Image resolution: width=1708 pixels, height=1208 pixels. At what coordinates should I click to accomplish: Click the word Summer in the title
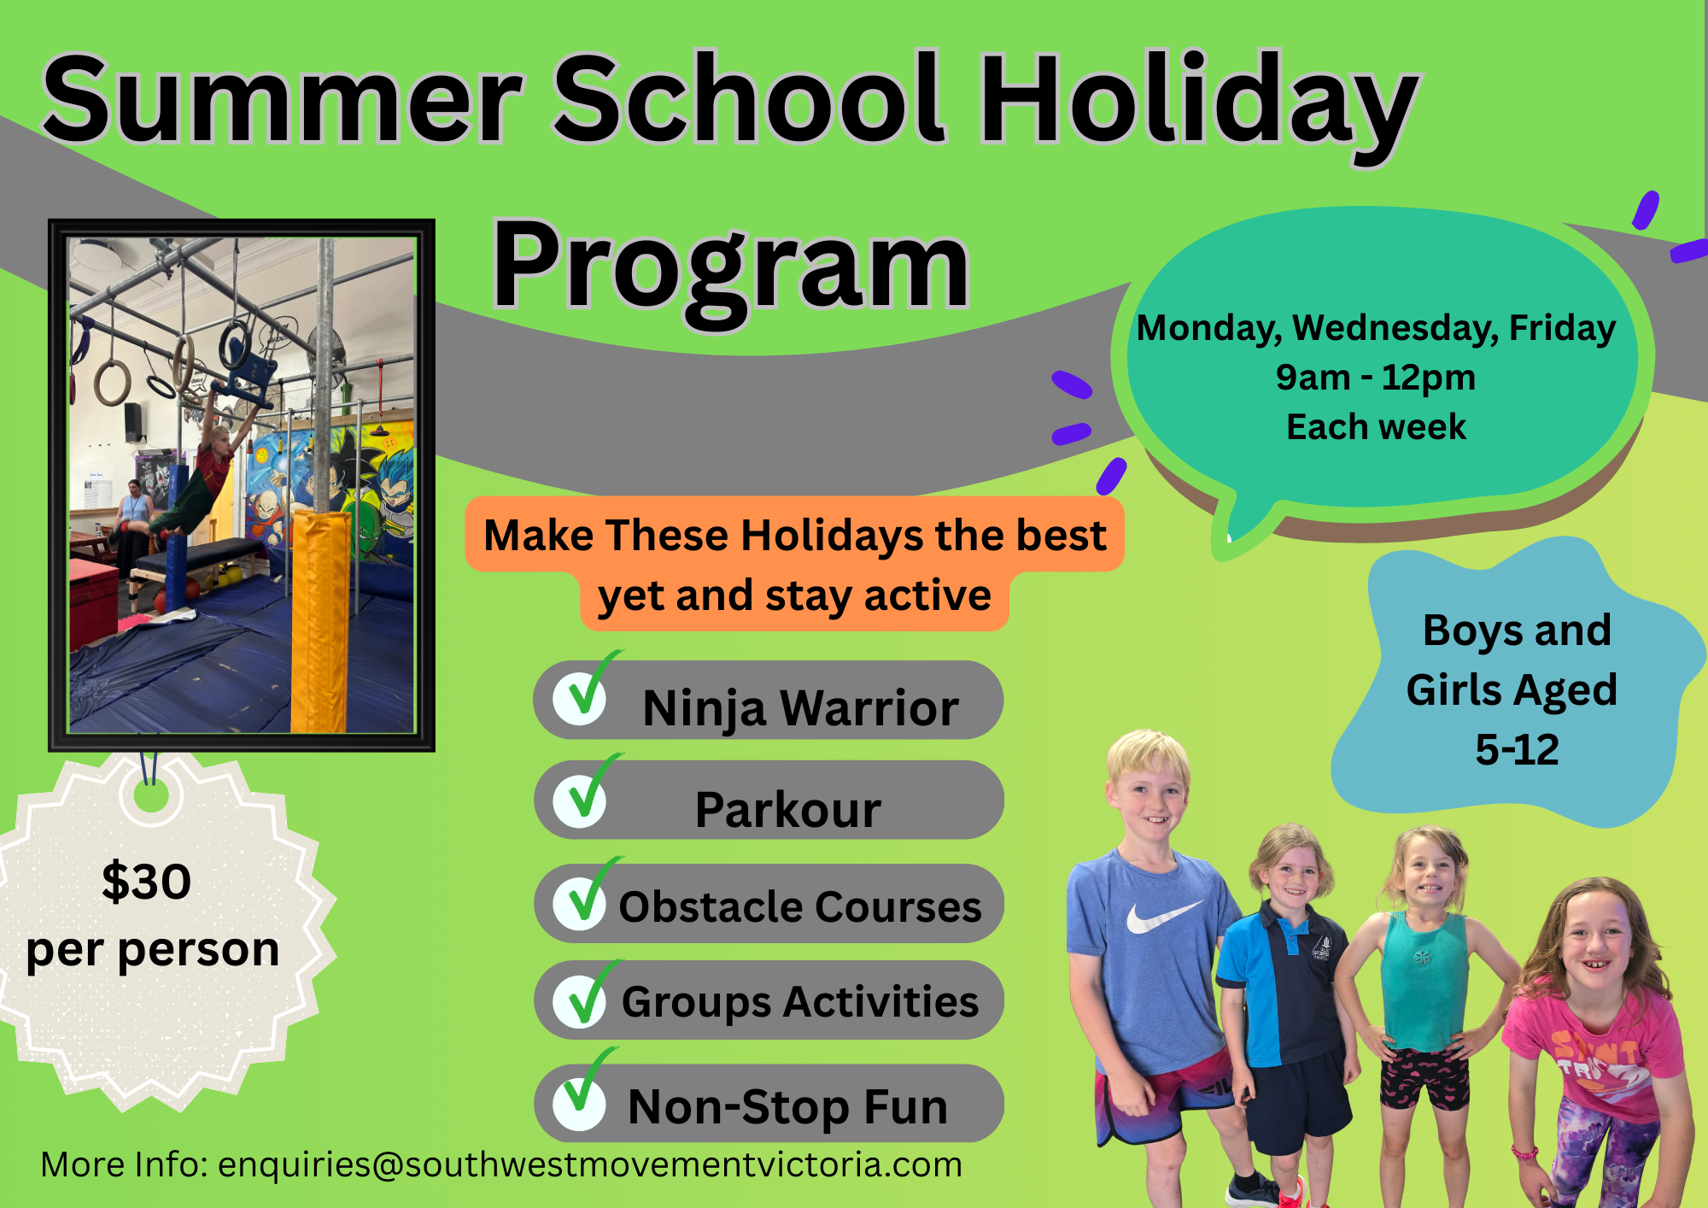tap(282, 99)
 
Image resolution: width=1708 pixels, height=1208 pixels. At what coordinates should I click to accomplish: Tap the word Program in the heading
tap(731, 270)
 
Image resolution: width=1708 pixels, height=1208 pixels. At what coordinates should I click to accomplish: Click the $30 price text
tap(146, 882)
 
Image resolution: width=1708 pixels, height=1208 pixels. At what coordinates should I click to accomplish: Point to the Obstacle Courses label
tap(800, 906)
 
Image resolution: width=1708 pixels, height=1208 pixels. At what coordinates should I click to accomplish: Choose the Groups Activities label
tap(800, 1002)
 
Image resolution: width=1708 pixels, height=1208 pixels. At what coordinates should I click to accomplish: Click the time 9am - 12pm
tap(1376, 377)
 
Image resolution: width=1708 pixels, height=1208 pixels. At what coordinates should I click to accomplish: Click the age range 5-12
tap(1518, 749)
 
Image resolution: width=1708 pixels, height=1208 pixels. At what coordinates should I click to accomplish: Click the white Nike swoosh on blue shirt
tap(1162, 916)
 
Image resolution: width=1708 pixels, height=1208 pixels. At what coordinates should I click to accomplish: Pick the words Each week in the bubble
tap(1376, 427)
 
